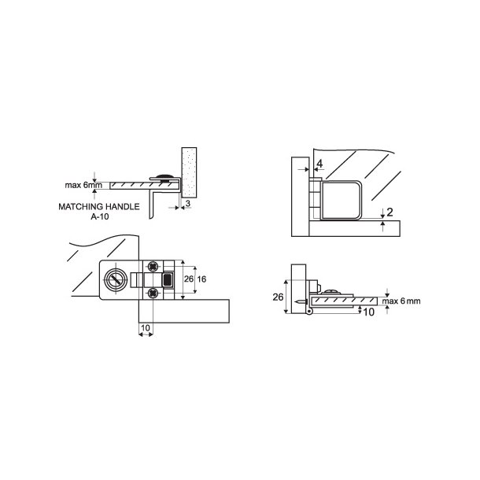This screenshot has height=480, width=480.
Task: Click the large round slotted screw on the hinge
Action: [x=116, y=279]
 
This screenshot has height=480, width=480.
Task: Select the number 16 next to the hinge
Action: [x=202, y=279]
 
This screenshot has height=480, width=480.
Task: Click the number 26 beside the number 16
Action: [x=188, y=279]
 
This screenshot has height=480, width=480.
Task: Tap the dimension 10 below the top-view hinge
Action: [x=146, y=327]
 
